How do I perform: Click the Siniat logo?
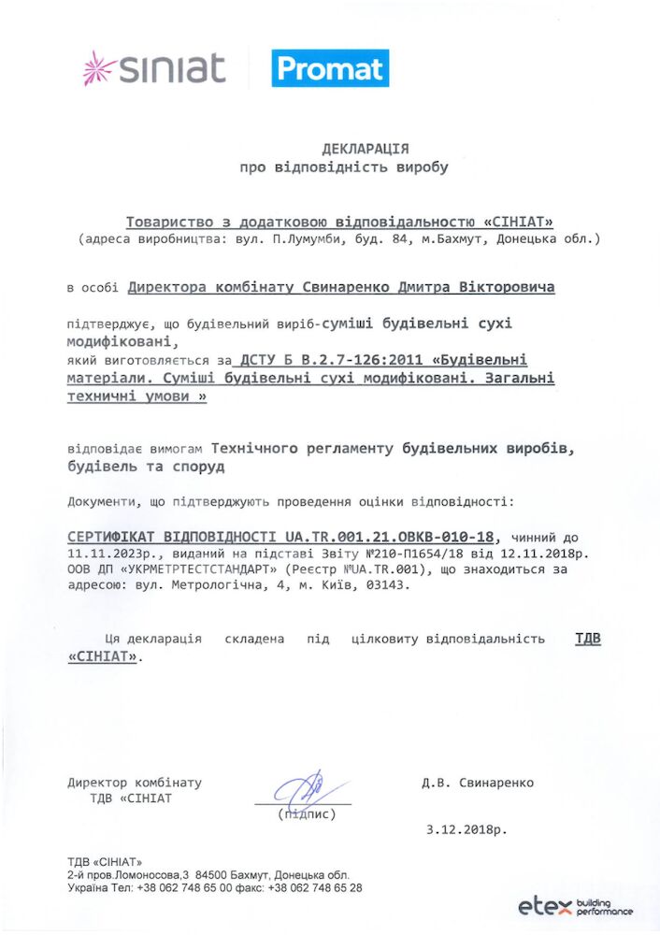tap(154, 68)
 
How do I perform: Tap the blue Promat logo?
tap(330, 68)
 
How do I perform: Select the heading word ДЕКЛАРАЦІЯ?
tap(365, 149)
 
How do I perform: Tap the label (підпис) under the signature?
tap(306, 814)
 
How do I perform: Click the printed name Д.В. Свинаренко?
tap(477, 783)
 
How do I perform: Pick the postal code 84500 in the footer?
tap(224, 874)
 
